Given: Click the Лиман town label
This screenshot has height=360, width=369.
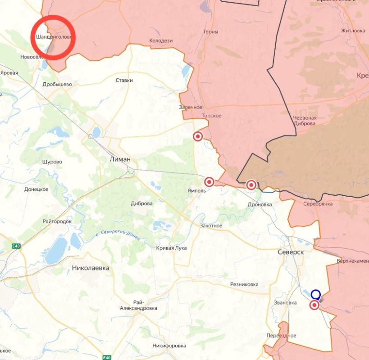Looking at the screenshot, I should click(x=120, y=159).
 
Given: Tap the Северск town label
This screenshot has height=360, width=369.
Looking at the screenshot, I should click(x=291, y=252).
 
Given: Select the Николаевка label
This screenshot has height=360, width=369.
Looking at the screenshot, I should click(x=90, y=268).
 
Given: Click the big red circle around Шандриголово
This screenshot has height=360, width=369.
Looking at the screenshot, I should click(x=53, y=37).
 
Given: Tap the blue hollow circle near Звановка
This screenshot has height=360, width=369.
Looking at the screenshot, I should click(x=316, y=295).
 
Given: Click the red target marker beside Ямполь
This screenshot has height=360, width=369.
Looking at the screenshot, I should click(x=209, y=182).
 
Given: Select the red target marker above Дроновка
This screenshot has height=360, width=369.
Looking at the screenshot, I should click(x=251, y=184).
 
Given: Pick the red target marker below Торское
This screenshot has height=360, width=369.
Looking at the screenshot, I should click(x=198, y=136).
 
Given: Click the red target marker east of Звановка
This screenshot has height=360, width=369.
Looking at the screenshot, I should click(x=314, y=305).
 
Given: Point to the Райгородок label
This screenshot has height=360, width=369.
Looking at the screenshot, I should click(x=57, y=221).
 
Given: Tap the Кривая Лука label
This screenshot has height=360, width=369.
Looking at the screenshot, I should click(x=171, y=248).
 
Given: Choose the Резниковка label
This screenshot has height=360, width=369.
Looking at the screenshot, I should click(x=244, y=284).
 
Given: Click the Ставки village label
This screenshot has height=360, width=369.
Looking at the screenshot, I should click(x=124, y=80).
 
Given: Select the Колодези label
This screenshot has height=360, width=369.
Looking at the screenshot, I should click(x=161, y=40).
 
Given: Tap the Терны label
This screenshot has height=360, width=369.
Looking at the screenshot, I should click(x=210, y=32).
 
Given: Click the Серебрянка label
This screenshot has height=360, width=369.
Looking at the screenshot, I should click(x=305, y=204).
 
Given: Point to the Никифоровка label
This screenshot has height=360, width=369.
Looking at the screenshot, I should click(x=169, y=346).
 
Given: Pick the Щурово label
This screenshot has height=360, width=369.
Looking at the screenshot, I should click(x=51, y=162).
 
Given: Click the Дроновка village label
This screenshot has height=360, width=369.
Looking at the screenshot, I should click(x=260, y=204).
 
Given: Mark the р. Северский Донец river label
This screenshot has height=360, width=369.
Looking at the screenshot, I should click(x=118, y=234).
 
